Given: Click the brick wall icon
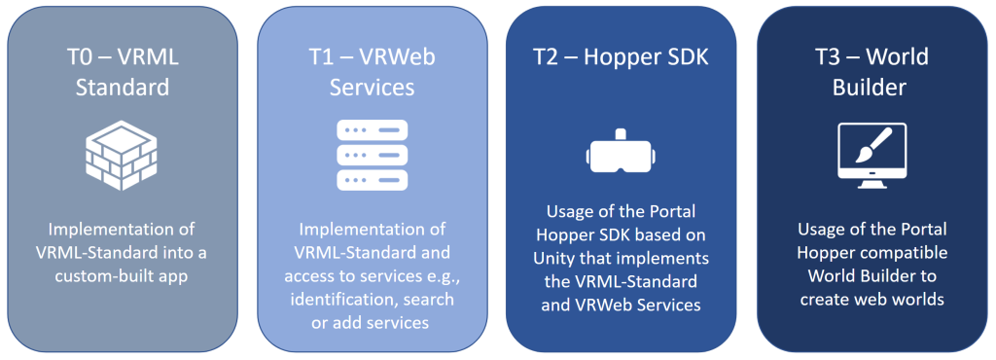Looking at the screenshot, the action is click(x=122, y=155).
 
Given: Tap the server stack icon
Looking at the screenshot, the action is click(x=373, y=155).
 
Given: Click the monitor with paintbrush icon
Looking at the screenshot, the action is click(x=872, y=156).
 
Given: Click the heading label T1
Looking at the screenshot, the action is click(x=325, y=57).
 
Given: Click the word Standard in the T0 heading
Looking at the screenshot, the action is click(x=123, y=87).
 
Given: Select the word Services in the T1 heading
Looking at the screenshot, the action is click(x=372, y=87).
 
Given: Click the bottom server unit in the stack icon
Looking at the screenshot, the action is click(x=373, y=180).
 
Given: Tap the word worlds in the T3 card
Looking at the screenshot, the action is click(x=920, y=299).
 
